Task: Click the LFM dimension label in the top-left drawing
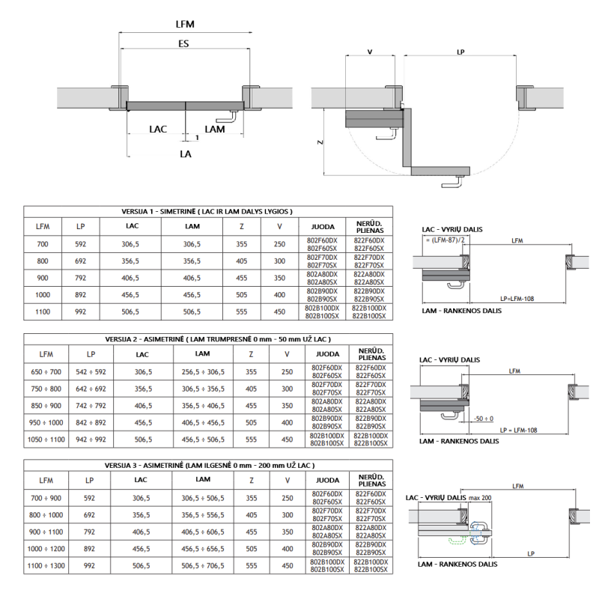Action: coord(185,25)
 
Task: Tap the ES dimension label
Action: coord(183,43)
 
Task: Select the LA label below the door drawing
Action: coord(186,154)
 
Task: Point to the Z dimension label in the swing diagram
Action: coord(320,142)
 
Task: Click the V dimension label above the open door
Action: coord(370,52)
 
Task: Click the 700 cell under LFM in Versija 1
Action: coord(43,244)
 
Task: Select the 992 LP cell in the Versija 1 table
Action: coord(80,311)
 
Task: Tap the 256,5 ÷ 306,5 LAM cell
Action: coord(203,371)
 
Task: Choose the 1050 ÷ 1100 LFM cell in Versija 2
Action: coord(46,440)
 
